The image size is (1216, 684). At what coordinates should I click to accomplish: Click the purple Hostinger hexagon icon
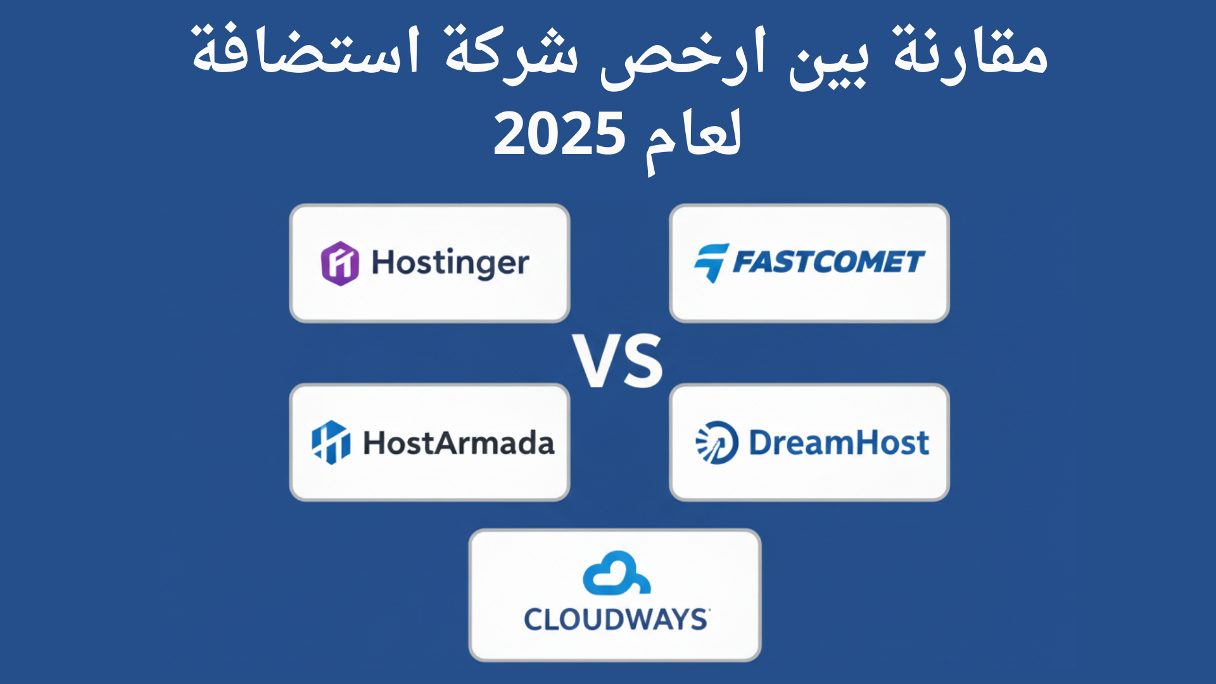click(x=340, y=263)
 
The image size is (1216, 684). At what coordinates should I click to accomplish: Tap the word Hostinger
click(x=450, y=263)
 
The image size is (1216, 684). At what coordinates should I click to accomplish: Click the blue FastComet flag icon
click(x=711, y=263)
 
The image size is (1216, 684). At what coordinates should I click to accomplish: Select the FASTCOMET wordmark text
click(x=828, y=262)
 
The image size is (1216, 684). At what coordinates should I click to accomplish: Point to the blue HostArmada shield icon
click(x=331, y=442)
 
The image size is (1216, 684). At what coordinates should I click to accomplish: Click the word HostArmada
click(x=459, y=443)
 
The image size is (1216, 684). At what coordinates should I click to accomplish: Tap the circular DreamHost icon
click(x=717, y=442)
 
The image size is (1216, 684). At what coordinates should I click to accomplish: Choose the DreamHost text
click(x=839, y=443)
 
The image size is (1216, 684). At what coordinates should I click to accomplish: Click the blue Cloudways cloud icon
click(x=616, y=573)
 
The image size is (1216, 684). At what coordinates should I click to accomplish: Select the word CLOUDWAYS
click(x=616, y=619)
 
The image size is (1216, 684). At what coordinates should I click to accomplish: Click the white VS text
click(x=618, y=361)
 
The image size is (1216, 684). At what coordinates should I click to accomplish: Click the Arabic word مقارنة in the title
click(x=970, y=54)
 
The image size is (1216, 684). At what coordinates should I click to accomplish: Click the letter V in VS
click(x=595, y=361)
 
